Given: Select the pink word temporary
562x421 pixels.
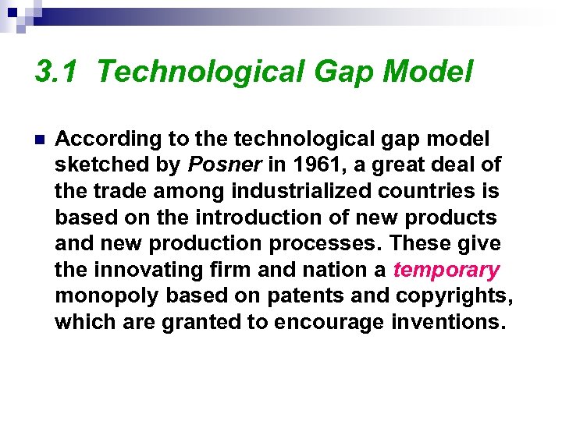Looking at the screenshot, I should (x=446, y=270).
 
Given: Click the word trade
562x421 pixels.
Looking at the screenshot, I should (x=115, y=192).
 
